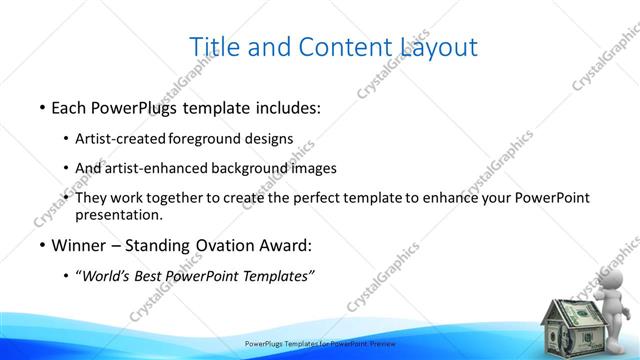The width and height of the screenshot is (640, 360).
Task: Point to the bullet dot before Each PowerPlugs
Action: pos(42,107)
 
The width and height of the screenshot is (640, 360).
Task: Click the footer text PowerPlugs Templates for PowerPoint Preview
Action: pos(320,343)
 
